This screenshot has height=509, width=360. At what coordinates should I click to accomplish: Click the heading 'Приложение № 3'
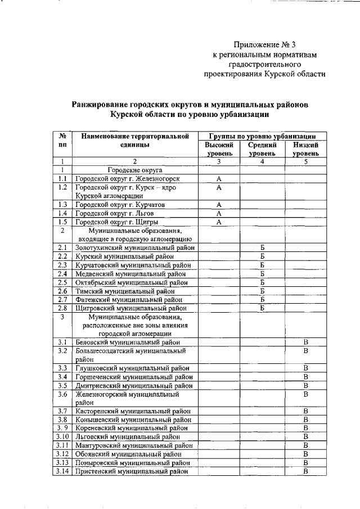(x=264, y=44)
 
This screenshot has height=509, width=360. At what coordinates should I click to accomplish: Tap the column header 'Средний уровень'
(x=262, y=148)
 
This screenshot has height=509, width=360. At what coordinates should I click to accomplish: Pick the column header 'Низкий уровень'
(x=305, y=148)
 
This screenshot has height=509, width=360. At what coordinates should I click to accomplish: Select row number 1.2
(x=63, y=187)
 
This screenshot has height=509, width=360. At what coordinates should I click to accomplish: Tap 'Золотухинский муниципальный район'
(x=135, y=247)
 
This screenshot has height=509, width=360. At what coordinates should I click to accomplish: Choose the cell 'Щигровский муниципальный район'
(x=130, y=308)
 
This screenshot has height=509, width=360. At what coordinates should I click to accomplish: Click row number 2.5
(x=63, y=282)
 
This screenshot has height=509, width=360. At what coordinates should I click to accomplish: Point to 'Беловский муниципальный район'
(x=128, y=342)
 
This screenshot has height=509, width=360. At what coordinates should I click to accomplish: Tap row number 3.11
(x=63, y=445)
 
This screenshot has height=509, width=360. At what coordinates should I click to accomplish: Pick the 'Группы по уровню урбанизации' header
(x=262, y=136)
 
